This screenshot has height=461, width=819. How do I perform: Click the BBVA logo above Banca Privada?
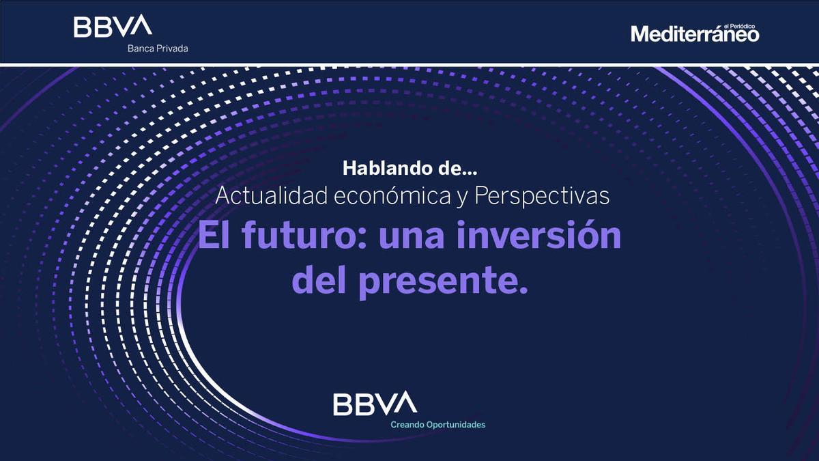click(x=113, y=26)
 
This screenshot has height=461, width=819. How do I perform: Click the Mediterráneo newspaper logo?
click(x=695, y=33)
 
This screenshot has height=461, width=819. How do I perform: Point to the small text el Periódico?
click(x=739, y=27)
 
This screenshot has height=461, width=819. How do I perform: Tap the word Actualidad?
click(x=272, y=196)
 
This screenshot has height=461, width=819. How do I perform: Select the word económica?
click(x=392, y=196)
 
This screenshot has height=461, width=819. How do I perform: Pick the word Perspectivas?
click(x=542, y=197)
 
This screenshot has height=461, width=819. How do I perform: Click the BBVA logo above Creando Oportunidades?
click(x=375, y=403)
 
